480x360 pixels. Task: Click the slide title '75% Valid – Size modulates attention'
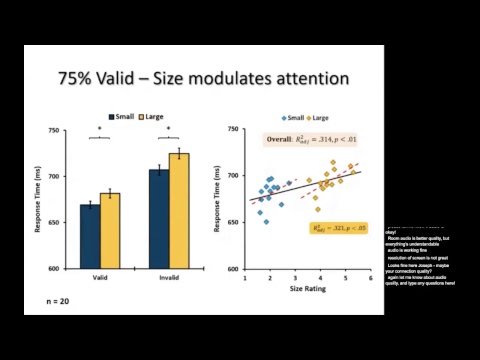[202, 77]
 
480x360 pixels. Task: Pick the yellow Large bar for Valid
[111, 230]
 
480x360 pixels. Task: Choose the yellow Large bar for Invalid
[179, 210]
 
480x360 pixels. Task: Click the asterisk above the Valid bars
[100, 128]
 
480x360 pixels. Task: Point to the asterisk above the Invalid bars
[169, 128]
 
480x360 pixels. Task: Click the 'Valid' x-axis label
[100, 279]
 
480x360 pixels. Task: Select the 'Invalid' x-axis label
[169, 279]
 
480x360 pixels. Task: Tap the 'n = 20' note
[60, 300]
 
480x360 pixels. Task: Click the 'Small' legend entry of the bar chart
[122, 116]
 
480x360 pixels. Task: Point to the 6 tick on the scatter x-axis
[370, 279]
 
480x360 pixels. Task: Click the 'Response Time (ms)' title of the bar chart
[40, 200]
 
